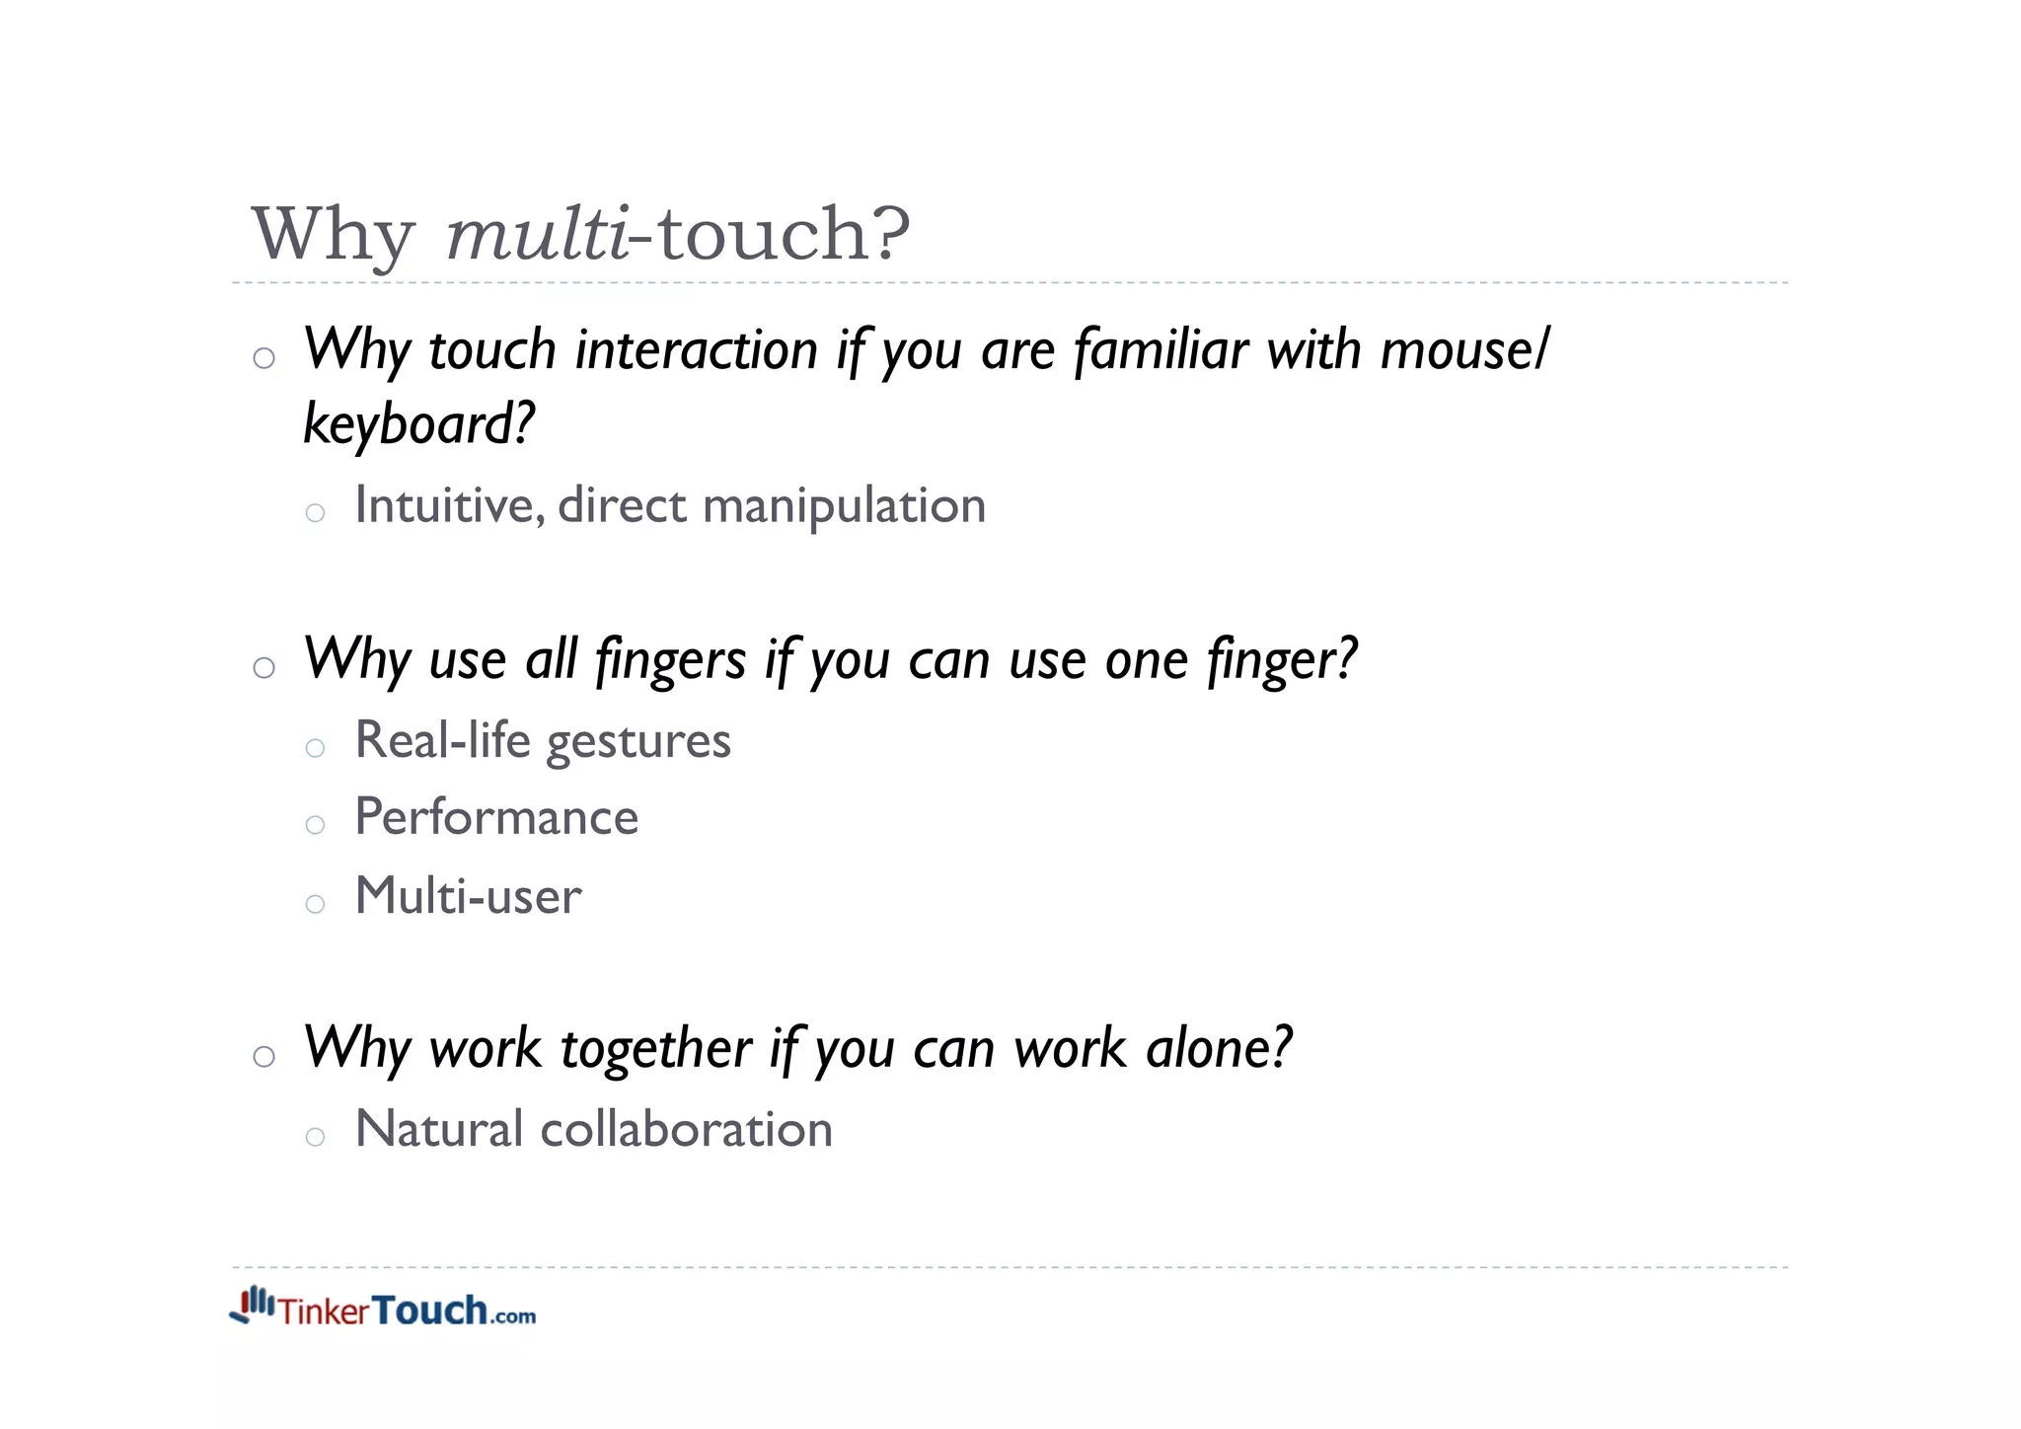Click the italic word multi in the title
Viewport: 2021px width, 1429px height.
[537, 235]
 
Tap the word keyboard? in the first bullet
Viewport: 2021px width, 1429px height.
[418, 424]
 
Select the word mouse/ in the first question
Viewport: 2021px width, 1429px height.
[1464, 350]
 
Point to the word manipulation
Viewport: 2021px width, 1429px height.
[844, 507]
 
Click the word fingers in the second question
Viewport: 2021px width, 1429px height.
[671, 660]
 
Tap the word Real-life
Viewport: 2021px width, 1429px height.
[442, 740]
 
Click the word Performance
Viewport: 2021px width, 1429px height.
[496, 818]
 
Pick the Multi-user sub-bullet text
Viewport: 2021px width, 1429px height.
[468, 896]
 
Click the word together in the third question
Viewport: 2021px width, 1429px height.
[656, 1049]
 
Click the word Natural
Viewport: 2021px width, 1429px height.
[438, 1129]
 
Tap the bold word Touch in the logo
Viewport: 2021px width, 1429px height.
[430, 1311]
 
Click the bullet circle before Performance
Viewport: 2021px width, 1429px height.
[315, 825]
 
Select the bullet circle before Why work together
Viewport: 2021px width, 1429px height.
[263, 1057]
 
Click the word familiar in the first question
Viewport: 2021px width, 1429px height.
[1161, 350]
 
